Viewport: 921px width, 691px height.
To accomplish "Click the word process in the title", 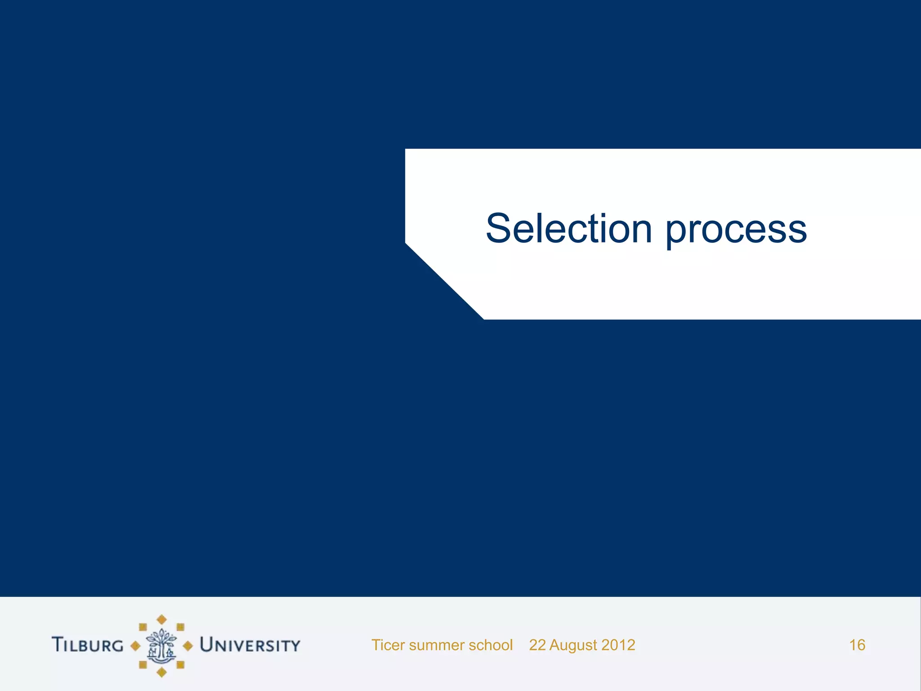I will (x=736, y=232).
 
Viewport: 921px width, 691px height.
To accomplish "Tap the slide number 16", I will (x=857, y=645).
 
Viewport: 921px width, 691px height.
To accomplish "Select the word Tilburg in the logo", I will (x=87, y=645).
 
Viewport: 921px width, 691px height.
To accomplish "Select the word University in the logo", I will (x=250, y=645).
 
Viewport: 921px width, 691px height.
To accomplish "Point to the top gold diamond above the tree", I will (x=161, y=620).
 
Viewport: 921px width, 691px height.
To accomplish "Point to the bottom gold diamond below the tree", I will (x=161, y=673).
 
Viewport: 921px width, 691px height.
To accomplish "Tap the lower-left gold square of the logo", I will (x=143, y=664).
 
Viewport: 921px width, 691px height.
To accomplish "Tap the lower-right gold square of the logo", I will (x=180, y=664).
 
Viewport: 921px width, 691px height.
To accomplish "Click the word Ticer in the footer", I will (x=388, y=645).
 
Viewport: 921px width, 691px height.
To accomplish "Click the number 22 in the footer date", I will (x=537, y=645).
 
